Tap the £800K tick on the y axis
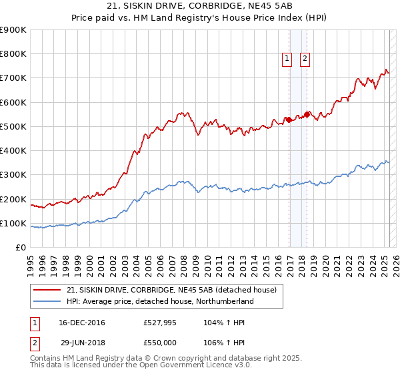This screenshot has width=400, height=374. click(13, 54)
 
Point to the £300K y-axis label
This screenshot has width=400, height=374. click(13, 175)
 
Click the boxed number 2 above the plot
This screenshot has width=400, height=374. click(305, 59)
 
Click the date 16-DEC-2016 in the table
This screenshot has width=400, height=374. click(80, 323)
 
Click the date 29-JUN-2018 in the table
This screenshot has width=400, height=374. click(80, 341)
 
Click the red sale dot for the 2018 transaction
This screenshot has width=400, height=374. click(307, 114)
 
